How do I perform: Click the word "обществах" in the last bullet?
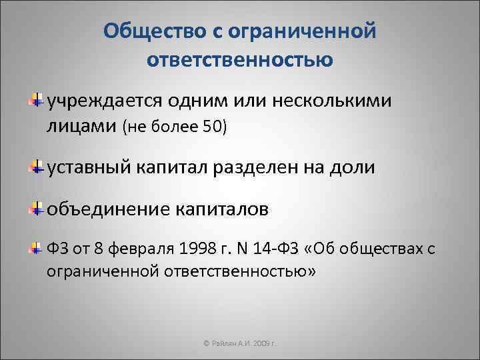pyautogui.click(x=384, y=251)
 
